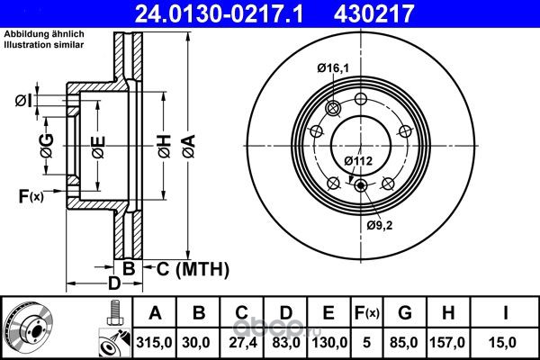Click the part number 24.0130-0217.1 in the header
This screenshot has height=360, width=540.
pyautogui.click(x=219, y=13)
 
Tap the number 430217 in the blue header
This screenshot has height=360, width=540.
pyautogui.click(x=373, y=13)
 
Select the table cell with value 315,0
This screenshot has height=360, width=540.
pyautogui.click(x=154, y=342)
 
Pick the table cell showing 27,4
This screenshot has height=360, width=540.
pyautogui.click(x=243, y=342)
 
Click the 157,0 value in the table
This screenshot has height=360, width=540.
pyautogui.click(x=447, y=342)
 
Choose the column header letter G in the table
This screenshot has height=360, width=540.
pyautogui.click(x=405, y=313)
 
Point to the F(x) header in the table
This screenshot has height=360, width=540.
pyautogui.click(x=367, y=313)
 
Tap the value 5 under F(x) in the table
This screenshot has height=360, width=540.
pyautogui.click(x=367, y=342)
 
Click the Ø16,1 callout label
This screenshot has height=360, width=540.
pyautogui.click(x=333, y=68)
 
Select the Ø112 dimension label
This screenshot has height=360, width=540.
pyautogui.click(x=358, y=161)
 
